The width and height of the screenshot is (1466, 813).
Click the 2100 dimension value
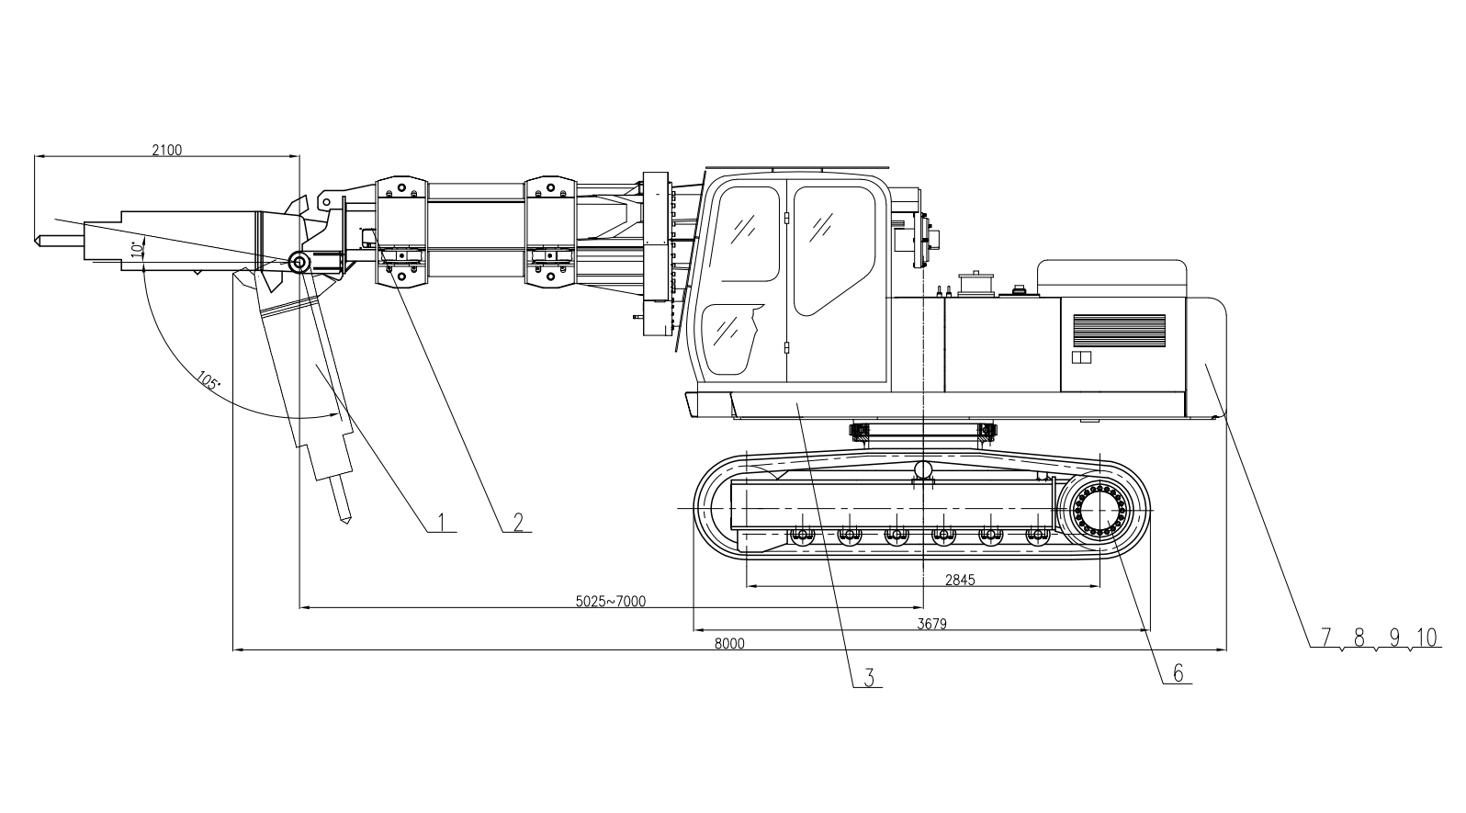coord(167,150)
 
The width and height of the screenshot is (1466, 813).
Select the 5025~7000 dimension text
coord(611,602)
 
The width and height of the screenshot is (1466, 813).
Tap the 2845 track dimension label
coord(960,580)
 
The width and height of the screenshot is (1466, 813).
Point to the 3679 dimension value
coord(932,624)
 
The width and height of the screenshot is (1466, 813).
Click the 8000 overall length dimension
coord(729,644)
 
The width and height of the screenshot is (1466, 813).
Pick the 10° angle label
coord(137,248)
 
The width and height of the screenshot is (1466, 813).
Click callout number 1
coord(441,523)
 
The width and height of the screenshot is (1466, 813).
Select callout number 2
coord(518,523)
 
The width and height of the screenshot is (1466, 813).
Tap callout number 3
coord(870,677)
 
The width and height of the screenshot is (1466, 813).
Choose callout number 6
coord(1178,673)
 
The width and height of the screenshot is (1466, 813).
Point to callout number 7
coord(1326,637)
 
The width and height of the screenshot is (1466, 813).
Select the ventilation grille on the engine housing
coord(1119,331)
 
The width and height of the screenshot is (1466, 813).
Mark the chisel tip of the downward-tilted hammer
coord(346,522)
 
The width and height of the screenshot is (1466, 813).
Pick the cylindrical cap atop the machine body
coord(976,284)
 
